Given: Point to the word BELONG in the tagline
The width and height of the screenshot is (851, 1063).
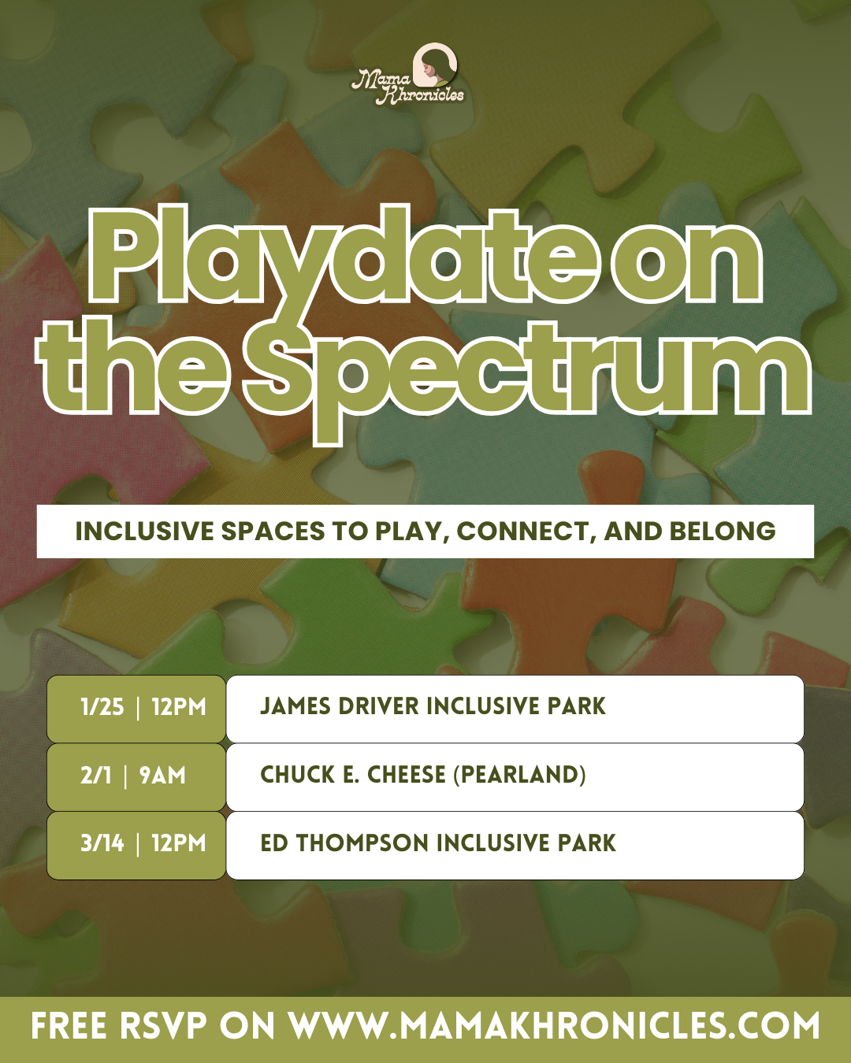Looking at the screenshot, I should pyautogui.click(x=723, y=531).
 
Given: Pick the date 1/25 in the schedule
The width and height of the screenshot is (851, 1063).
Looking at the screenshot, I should pyautogui.click(x=102, y=707).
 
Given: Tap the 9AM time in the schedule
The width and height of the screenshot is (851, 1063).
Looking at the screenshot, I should pyautogui.click(x=162, y=776).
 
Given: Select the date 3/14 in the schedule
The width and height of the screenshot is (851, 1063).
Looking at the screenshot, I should pyautogui.click(x=102, y=843).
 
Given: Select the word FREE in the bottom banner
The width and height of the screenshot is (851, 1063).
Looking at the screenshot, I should pyautogui.click(x=69, y=1027).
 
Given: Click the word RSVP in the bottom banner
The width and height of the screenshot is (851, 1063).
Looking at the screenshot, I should pyautogui.click(x=163, y=1027).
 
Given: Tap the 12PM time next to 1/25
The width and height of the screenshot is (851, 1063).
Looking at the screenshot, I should pyautogui.click(x=179, y=707).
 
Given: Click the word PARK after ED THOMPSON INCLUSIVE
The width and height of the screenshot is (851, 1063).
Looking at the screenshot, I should pyautogui.click(x=587, y=843).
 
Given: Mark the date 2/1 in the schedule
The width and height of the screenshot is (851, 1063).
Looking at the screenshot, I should pyautogui.click(x=96, y=776).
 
